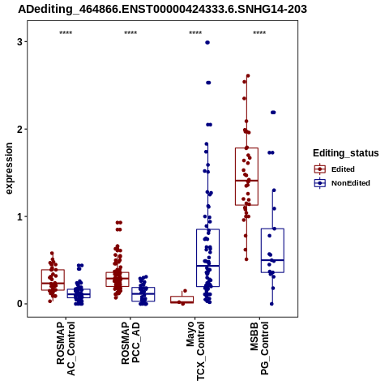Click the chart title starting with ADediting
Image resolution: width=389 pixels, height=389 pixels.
(x=162, y=10)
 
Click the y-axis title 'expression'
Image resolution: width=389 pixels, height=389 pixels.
(x=9, y=169)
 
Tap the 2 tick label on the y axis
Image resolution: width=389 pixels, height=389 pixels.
(x=19, y=130)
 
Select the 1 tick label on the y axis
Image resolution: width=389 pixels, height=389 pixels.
(x=19, y=217)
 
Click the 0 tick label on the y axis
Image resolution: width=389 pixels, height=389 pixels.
(x=19, y=304)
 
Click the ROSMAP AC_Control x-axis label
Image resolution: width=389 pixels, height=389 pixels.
(x=66, y=348)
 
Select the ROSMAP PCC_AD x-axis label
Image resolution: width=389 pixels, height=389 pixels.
(x=130, y=343)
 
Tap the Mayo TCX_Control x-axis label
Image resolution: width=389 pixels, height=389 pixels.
(x=195, y=351)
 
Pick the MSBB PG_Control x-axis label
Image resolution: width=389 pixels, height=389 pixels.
(x=259, y=348)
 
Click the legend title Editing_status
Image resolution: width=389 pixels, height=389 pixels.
(x=346, y=153)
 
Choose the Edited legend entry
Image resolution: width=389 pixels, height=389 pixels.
(x=334, y=169)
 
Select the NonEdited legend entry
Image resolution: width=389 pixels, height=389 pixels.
(x=342, y=183)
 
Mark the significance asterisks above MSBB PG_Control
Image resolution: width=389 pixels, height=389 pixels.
(x=259, y=33)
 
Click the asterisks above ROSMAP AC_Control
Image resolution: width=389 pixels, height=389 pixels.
(x=66, y=33)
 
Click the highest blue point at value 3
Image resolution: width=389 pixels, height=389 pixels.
(x=207, y=42)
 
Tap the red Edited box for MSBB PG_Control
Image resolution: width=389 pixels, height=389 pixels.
(x=246, y=177)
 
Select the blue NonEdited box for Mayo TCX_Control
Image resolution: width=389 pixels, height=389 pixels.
(x=207, y=258)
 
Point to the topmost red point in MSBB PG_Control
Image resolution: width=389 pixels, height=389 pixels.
(x=248, y=76)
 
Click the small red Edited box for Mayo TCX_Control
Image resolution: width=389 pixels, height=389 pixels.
(x=182, y=300)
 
